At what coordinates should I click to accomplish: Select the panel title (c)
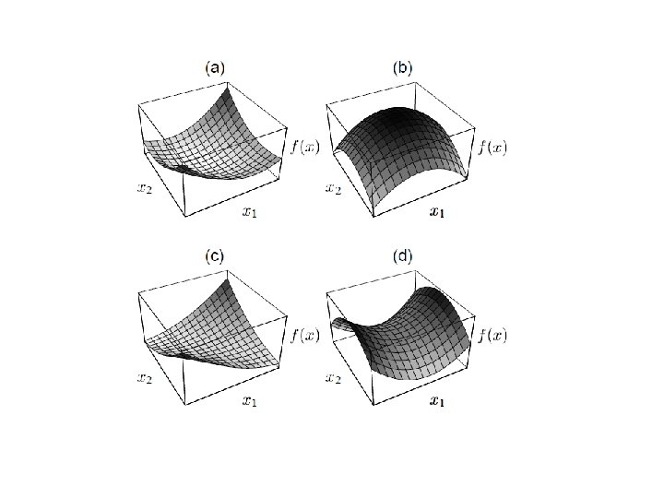point(214,256)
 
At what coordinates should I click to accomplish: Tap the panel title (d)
point(403,256)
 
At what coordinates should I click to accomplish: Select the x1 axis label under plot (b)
point(437,213)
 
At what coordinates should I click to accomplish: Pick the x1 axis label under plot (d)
point(437,401)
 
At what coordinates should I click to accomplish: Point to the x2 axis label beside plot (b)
point(334,189)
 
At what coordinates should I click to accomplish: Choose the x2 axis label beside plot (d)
point(334,378)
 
